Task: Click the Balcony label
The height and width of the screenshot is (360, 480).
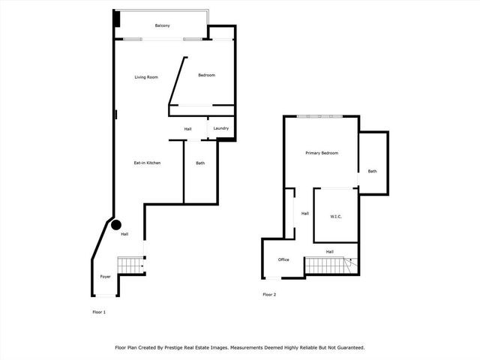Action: pos(163,26)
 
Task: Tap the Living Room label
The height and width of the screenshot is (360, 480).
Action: pos(146,77)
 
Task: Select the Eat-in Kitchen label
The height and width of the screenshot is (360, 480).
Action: pos(148,163)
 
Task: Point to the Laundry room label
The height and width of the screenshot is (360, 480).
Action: pos(220,129)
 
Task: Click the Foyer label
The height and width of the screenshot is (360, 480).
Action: pos(106,277)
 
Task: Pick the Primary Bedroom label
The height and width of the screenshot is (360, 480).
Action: pos(322,153)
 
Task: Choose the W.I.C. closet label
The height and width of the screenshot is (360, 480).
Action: pos(336,217)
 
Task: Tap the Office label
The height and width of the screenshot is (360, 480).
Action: pos(283,259)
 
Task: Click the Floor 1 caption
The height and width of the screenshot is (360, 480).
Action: pos(99,311)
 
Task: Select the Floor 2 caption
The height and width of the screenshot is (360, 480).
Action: pos(269,295)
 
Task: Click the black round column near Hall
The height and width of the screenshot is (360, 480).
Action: pos(116,224)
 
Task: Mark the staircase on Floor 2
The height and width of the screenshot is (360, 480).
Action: pos(328,265)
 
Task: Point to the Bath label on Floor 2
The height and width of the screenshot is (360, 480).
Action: pos(372,171)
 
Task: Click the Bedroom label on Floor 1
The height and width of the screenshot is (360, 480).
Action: pos(206,75)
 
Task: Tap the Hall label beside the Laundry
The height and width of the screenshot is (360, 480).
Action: pos(187,129)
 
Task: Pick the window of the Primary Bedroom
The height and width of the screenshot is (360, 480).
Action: pos(320,116)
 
